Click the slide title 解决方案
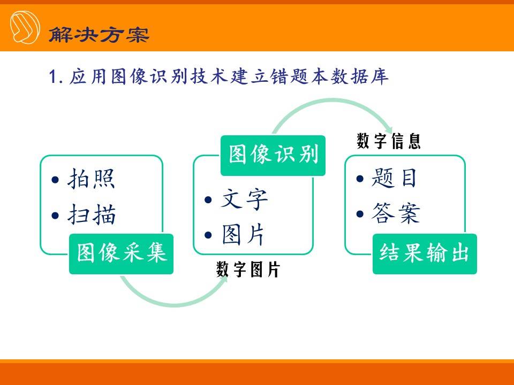(99, 34)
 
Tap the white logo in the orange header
(25, 27)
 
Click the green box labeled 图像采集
(121, 253)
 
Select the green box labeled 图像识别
(273, 156)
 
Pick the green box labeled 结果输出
(425, 253)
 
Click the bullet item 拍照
(91, 179)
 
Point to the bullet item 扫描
(92, 214)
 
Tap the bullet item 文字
(245, 199)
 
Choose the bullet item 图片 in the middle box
(243, 235)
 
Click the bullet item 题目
(394, 178)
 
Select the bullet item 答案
(396, 213)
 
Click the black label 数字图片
(248, 269)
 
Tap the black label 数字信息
(389, 141)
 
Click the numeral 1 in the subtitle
(52, 77)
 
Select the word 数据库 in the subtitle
(360, 76)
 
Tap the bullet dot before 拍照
(55, 180)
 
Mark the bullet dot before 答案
(360, 214)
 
